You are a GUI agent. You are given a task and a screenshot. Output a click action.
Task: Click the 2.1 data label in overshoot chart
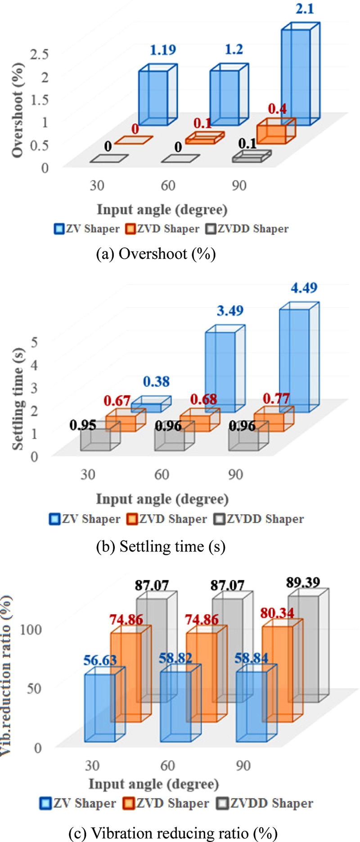coord(305,9)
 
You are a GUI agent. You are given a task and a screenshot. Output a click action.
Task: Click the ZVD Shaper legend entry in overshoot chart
coord(162,229)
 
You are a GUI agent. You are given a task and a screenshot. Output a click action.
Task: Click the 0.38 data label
coord(156,382)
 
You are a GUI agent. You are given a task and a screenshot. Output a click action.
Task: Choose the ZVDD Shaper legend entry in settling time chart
coord(259,519)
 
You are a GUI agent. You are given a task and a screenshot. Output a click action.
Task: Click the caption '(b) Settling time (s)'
coord(161,547)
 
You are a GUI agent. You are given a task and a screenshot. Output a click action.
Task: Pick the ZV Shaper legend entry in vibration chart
coord(78,803)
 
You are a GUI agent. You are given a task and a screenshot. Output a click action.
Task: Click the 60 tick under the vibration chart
coord(167,765)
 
